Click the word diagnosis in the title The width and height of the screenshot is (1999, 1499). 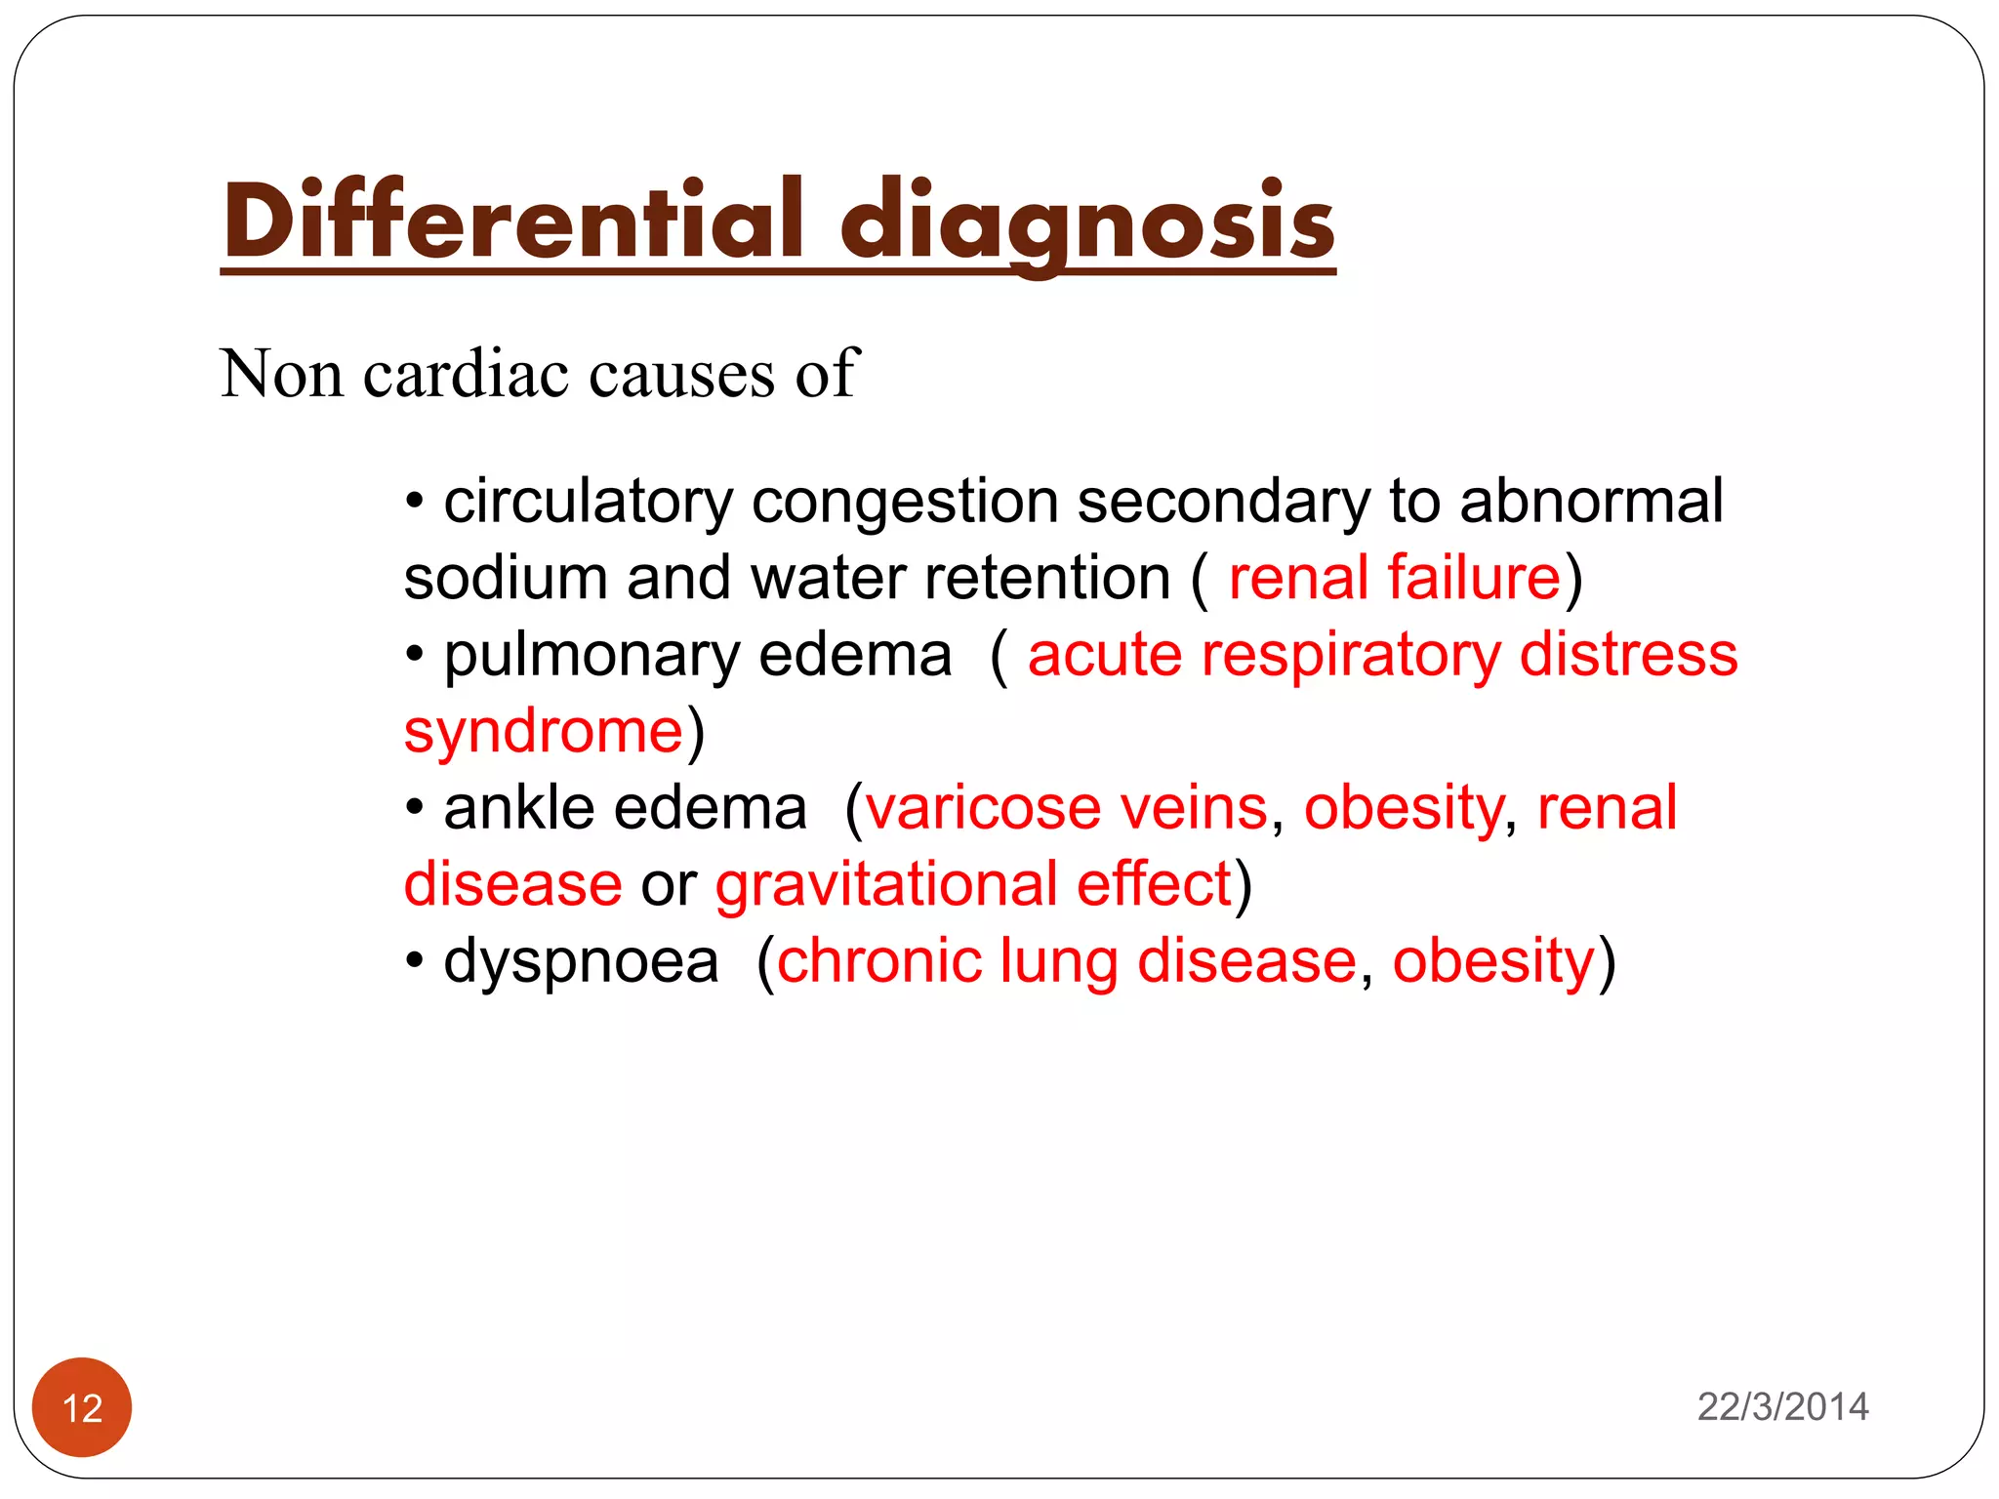(1087, 223)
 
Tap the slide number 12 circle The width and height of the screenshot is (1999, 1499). (82, 1407)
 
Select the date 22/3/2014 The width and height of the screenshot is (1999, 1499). (1782, 1406)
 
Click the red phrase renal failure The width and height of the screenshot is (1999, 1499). (1394, 578)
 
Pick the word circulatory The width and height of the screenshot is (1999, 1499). (588, 503)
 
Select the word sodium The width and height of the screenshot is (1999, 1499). (506, 578)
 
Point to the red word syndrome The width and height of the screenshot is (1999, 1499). (543, 732)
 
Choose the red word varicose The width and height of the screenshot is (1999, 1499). (983, 808)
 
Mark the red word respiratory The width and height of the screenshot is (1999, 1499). (1351, 655)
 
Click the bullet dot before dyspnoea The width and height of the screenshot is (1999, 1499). (415, 962)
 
